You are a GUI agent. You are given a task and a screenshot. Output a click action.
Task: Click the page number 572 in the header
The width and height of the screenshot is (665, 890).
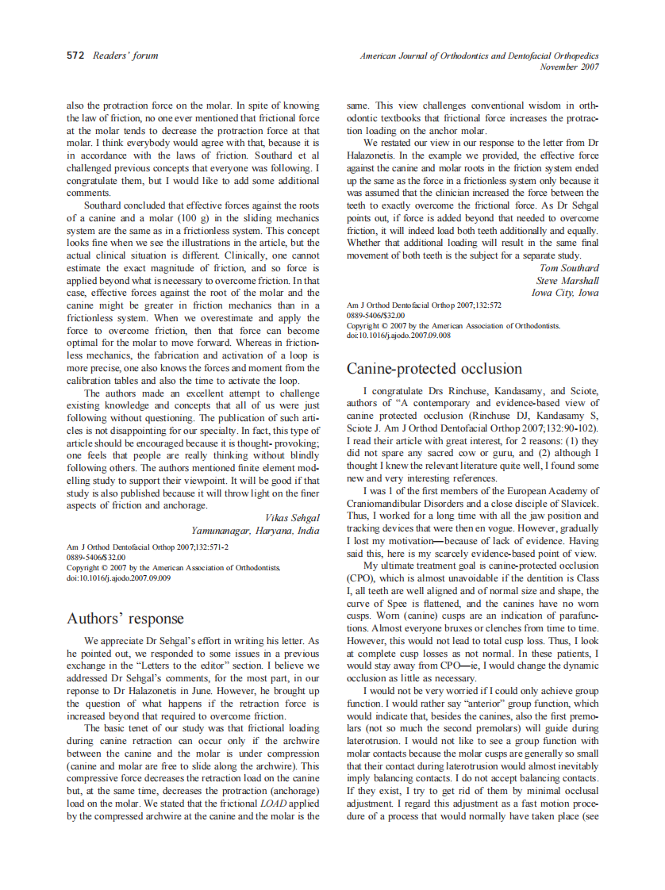coord(75,56)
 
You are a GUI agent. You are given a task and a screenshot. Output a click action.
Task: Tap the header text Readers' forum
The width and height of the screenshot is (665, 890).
coord(125,56)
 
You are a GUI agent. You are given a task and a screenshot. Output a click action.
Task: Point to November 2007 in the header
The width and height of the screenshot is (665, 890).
coord(569,67)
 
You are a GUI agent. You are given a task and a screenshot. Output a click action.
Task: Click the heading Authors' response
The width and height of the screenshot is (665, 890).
coord(125,619)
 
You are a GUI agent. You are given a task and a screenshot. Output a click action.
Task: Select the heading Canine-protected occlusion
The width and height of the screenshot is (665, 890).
coord(434,369)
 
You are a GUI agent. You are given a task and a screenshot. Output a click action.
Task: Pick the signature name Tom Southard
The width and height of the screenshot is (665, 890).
coord(569,268)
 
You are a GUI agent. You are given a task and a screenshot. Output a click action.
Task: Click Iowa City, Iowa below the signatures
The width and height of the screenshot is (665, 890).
coord(565,292)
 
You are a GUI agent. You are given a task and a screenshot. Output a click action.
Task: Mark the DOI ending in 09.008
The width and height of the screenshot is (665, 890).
coord(398,336)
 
